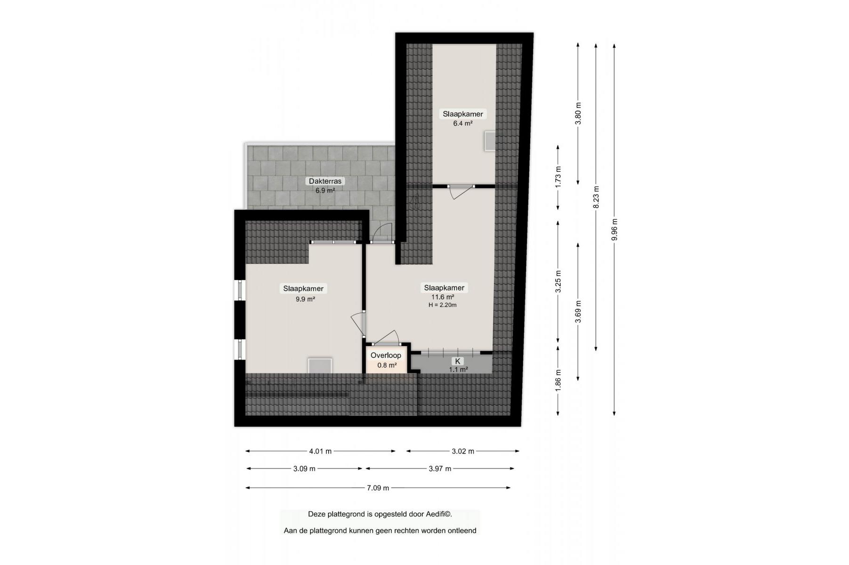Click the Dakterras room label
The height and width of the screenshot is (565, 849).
click(x=325, y=181)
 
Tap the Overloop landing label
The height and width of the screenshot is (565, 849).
click(x=386, y=355)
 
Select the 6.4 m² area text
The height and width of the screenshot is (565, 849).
click(x=463, y=123)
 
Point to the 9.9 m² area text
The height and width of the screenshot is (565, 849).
click(x=305, y=299)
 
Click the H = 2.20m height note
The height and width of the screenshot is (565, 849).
click(x=443, y=305)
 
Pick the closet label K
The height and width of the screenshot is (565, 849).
click(x=457, y=361)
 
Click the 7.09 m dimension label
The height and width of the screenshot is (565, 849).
click(x=378, y=488)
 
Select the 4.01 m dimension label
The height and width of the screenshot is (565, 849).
click(x=320, y=451)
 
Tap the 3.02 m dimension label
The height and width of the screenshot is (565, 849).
click(x=463, y=451)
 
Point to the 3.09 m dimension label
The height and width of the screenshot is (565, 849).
click(x=304, y=468)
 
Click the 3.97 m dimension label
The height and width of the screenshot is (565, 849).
click(x=440, y=468)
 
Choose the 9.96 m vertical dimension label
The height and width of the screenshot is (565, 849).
click(x=614, y=230)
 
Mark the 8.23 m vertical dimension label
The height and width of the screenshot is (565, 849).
click(x=596, y=197)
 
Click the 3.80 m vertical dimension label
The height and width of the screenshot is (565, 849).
click(x=579, y=113)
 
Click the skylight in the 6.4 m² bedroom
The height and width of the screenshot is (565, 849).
click(x=490, y=141)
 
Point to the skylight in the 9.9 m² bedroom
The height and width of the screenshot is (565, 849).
click(x=320, y=365)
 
